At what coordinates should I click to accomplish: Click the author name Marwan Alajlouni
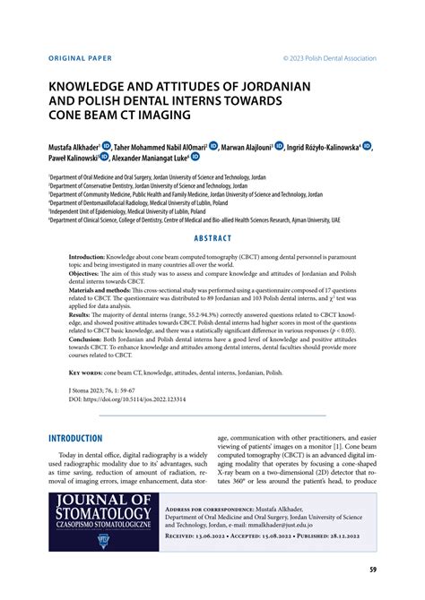[244, 145]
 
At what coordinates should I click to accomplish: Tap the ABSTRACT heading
[212, 239]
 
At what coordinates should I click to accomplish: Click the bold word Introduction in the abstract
[92, 256]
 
